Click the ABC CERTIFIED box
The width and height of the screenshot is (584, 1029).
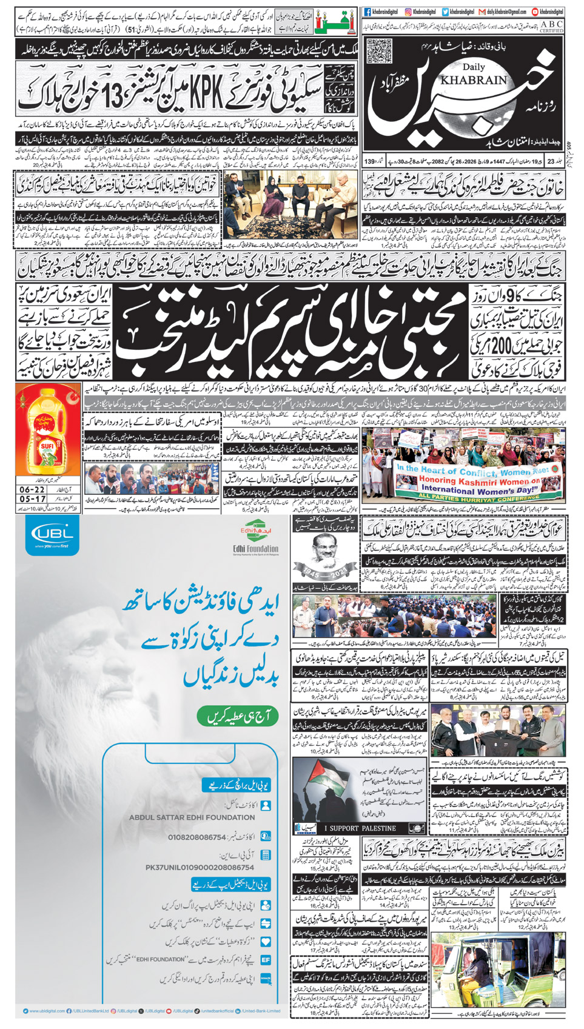pyautogui.click(x=551, y=26)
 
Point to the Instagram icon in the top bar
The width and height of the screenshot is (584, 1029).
pyautogui.click(x=409, y=12)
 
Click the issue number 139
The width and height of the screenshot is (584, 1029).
pyautogui.click(x=369, y=162)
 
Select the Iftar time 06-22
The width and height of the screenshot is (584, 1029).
pyautogui.click(x=32, y=489)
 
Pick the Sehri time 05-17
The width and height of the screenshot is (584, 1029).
pyautogui.click(x=32, y=499)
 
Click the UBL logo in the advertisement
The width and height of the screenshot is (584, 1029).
pyautogui.click(x=52, y=536)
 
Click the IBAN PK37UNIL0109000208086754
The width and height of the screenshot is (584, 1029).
pyautogui.click(x=200, y=867)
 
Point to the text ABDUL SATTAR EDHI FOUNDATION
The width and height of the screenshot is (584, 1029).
pyautogui.click(x=192, y=817)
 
